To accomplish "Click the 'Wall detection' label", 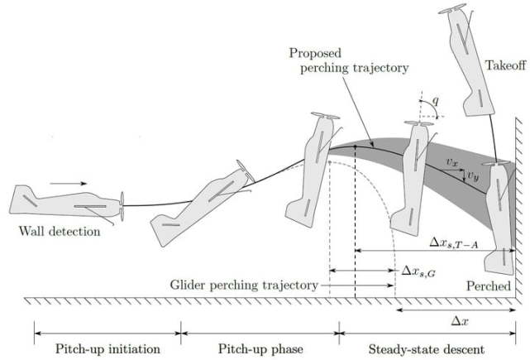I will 59,231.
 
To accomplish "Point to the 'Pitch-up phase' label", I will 260,349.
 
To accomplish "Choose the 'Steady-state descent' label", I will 425,349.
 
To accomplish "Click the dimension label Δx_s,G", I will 418,270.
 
